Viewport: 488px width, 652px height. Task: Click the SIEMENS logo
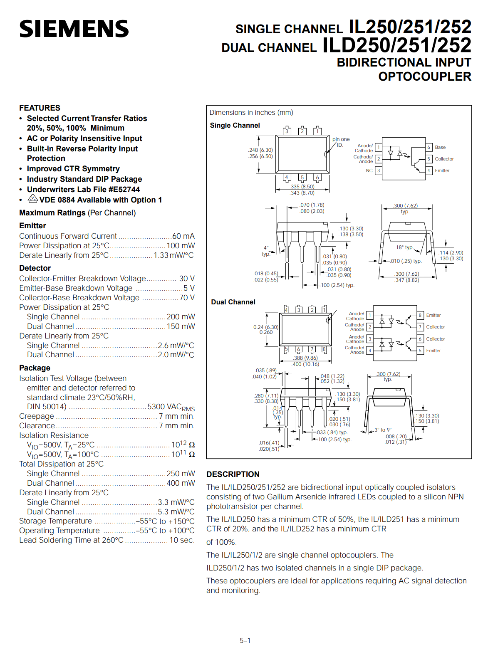[x=74, y=29]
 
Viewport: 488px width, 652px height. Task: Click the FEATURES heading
[x=40, y=108]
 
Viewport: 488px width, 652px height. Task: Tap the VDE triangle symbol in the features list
[x=33, y=198]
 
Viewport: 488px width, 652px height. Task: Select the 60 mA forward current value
[x=183, y=236]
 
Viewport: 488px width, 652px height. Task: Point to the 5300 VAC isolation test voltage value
[x=171, y=407]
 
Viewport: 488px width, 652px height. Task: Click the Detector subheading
[x=35, y=268]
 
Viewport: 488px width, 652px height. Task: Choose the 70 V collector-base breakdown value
[x=187, y=298]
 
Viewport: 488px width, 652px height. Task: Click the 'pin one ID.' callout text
[x=341, y=142]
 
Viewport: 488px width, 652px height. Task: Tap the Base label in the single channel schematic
[x=440, y=147]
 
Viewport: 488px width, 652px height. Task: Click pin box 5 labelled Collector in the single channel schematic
[x=429, y=159]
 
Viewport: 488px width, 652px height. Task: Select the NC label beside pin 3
[x=369, y=170]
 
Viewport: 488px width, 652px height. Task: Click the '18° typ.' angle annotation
[x=404, y=247]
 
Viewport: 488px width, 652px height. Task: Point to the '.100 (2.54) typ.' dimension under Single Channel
[x=337, y=285]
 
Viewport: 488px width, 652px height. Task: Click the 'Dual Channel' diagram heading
[x=233, y=302]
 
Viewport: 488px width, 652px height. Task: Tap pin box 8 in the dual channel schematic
[x=420, y=315]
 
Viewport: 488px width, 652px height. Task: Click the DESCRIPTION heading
[x=233, y=474]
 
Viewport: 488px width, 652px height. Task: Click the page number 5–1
[x=245, y=640]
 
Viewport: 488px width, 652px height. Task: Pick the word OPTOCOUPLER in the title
[x=425, y=77]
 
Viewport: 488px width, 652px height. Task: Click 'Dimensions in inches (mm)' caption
[x=251, y=113]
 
